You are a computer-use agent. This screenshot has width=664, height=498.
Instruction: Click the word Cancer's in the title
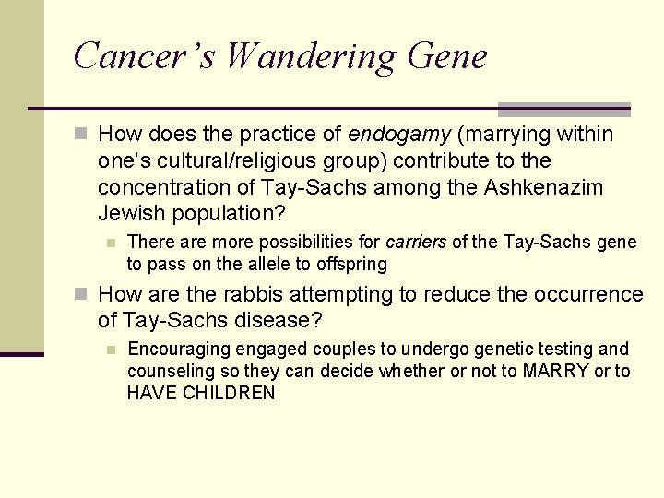point(144,56)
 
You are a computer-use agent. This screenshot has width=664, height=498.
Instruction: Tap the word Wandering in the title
point(310,56)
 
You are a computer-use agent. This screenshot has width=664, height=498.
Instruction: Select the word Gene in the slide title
point(445,56)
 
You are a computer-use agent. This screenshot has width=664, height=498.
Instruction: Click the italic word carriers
point(416,243)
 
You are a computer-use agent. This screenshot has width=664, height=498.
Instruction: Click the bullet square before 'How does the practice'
point(82,135)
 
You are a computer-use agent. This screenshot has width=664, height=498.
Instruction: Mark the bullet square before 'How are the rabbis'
point(82,295)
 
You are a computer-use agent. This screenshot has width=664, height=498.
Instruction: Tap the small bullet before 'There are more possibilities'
point(110,243)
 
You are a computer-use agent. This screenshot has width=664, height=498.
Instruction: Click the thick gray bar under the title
point(563,110)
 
